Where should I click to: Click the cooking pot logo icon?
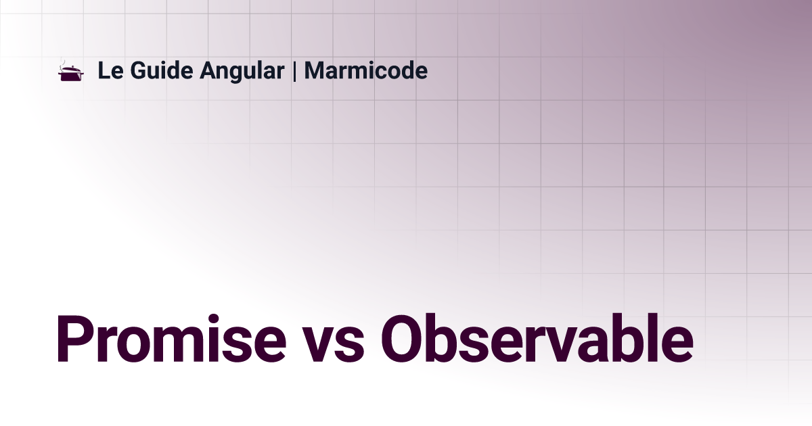pyautogui.click(x=71, y=70)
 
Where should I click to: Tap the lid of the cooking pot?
pyautogui.click(x=72, y=69)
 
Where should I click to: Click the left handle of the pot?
pyautogui.click(x=60, y=73)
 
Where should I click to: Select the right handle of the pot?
pyautogui.click(x=83, y=73)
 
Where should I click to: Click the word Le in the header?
pyautogui.click(x=110, y=70)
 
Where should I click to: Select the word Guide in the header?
pyautogui.click(x=162, y=70)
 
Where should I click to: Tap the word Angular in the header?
pyautogui.click(x=242, y=72)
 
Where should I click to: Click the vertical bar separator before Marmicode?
pyautogui.click(x=294, y=71)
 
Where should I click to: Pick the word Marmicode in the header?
pyautogui.click(x=366, y=70)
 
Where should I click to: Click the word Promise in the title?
pyautogui.click(x=171, y=338)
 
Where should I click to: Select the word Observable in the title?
pyautogui.click(x=537, y=338)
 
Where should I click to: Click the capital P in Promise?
pyautogui.click(x=74, y=339)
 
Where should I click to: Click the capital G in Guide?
pyautogui.click(x=140, y=70)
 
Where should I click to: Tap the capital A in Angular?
pyautogui.click(x=210, y=70)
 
